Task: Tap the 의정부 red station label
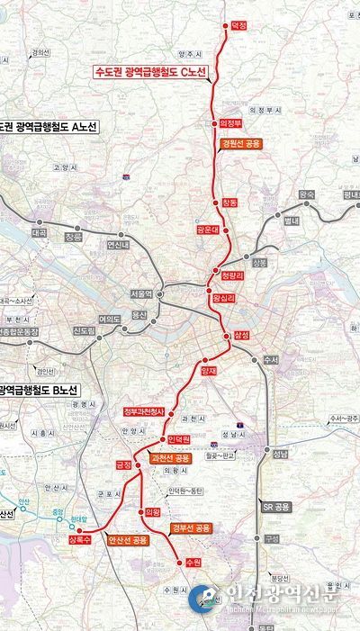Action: point(232,123)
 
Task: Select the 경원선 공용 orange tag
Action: point(239,143)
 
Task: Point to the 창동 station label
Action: point(229,203)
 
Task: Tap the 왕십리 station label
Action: point(221,296)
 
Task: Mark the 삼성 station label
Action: point(240,335)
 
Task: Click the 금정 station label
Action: point(123,464)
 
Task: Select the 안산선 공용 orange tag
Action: point(127,540)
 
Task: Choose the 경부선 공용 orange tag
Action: point(190,527)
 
